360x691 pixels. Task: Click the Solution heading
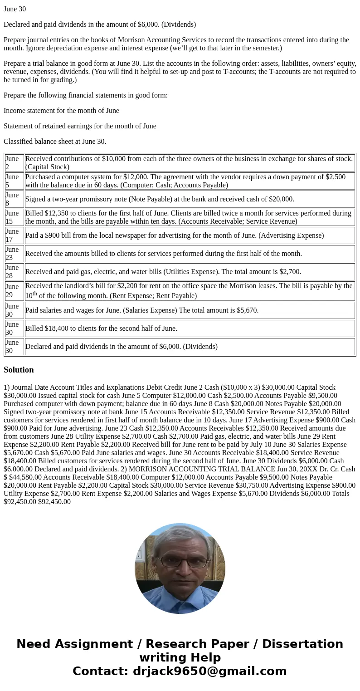point(19,370)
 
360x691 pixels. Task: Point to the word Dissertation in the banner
point(302,644)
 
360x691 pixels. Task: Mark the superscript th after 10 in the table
point(34,294)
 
